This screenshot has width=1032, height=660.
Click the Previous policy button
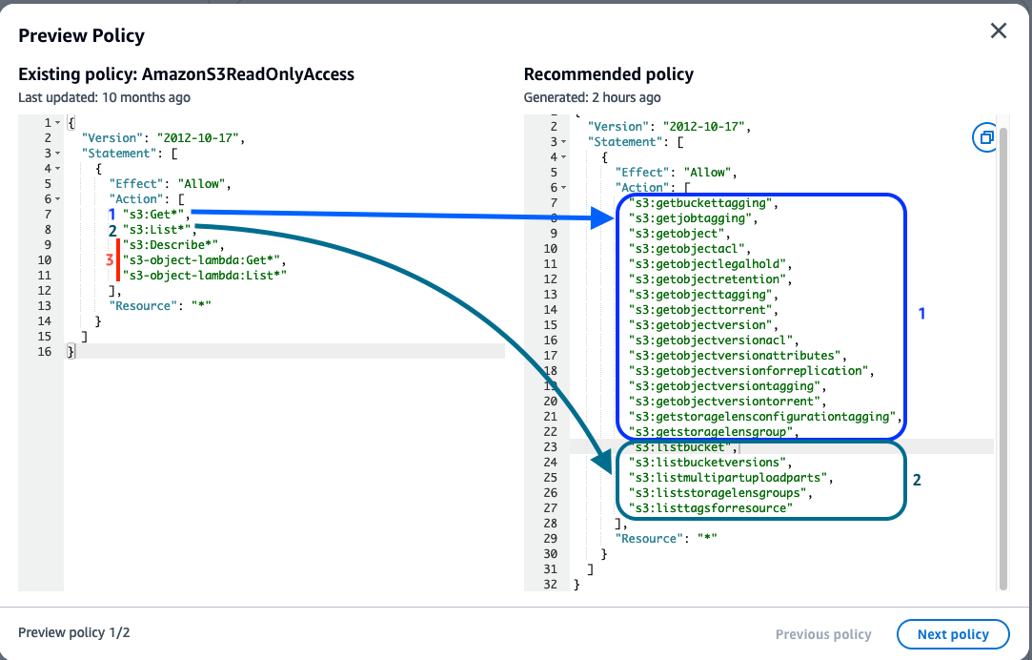pyautogui.click(x=823, y=634)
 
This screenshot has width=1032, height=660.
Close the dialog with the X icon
pyautogui.click(x=998, y=31)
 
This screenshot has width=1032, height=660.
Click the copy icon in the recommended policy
pyautogui.click(x=985, y=137)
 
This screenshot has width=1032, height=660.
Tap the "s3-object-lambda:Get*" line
pyautogui.click(x=203, y=259)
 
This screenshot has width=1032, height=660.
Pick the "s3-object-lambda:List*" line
pyautogui.click(x=205, y=275)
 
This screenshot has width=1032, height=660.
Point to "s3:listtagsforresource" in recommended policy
pyautogui.click(x=710, y=508)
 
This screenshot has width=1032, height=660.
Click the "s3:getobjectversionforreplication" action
pyautogui.click(x=751, y=371)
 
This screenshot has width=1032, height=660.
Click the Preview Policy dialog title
pyautogui.click(x=81, y=36)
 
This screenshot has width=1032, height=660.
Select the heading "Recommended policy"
pyautogui.click(x=609, y=74)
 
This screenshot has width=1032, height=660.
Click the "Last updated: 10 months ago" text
pyautogui.click(x=104, y=97)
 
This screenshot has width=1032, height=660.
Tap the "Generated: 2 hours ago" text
pyautogui.click(x=592, y=97)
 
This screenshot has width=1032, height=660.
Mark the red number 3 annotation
pyautogui.click(x=110, y=259)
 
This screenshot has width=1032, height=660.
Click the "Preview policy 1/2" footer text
pyautogui.click(x=74, y=633)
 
